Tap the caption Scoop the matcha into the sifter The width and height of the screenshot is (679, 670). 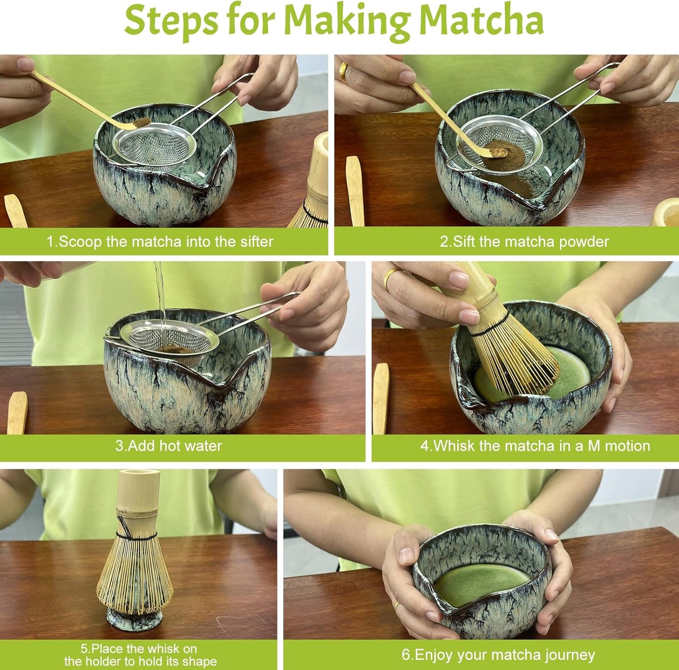160,242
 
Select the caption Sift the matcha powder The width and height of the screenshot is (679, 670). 524,242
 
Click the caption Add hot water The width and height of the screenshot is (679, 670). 169,446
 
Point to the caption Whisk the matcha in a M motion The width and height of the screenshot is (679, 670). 535,446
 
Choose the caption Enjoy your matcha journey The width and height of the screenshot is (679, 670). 498,654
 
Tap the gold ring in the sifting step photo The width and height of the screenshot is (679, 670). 344,73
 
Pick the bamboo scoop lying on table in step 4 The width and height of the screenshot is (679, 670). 380,397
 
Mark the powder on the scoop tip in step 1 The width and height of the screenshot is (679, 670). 140,123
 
